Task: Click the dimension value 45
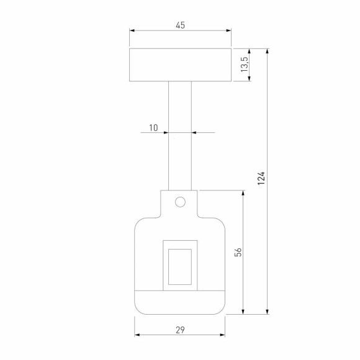pos(180,25)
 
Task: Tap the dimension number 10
pos(153,128)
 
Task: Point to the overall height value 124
pos(261,179)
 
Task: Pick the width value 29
pos(180,330)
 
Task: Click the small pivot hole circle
pos(180,202)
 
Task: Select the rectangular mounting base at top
pos(180,65)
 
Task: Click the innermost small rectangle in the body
pos(180,266)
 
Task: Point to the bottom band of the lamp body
pos(180,302)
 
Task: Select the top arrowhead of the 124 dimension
pos(268,51)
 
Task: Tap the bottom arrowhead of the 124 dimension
pos(268,312)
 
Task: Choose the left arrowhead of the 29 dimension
pos(138,336)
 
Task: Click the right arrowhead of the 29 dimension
pos(222,336)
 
